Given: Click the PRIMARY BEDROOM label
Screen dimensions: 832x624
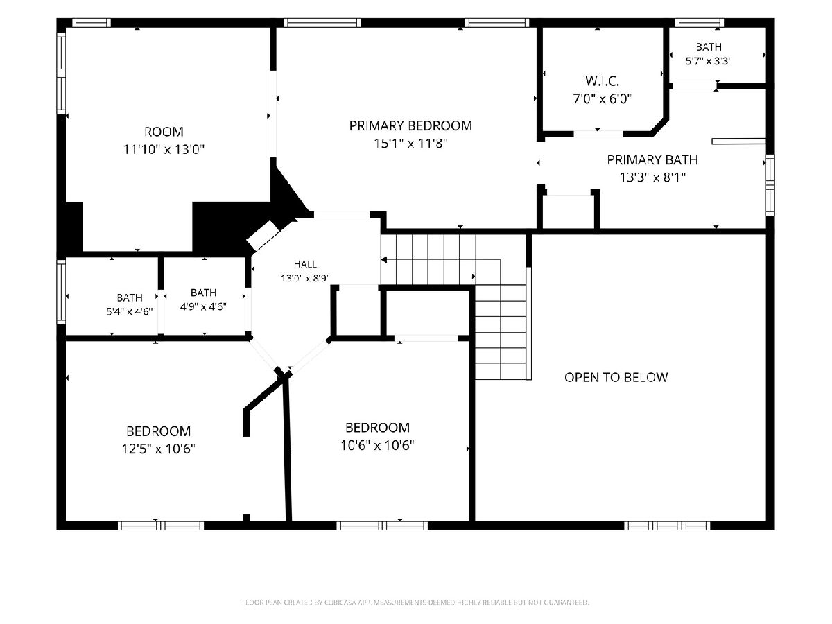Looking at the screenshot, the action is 410,125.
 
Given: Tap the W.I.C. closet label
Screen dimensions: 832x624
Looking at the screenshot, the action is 602,81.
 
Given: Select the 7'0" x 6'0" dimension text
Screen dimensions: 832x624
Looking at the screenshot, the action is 602,99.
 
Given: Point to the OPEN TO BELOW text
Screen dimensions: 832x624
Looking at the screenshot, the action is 616,377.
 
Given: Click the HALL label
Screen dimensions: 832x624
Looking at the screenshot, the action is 305,264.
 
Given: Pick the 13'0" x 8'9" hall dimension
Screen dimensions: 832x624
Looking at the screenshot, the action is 305,279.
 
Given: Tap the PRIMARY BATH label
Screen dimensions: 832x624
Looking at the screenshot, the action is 652,160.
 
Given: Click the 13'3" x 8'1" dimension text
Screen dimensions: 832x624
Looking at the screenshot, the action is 652,177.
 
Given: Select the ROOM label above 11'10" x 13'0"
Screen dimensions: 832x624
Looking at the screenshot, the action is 164,132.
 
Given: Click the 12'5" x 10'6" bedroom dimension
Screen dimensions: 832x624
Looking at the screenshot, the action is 159,449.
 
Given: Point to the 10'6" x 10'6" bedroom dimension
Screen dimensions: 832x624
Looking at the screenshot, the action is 377,445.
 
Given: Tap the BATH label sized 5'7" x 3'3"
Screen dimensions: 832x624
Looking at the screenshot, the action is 709,47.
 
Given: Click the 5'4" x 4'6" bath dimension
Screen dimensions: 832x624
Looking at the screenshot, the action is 130,312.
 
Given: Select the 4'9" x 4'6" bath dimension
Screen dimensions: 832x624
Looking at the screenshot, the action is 204,306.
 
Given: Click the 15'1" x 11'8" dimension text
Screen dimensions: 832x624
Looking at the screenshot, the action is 411,144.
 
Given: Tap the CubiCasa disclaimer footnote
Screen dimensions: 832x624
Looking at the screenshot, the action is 415,602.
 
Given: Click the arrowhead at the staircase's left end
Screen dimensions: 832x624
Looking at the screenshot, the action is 383,260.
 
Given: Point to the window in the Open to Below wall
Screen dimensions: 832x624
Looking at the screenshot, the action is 667,526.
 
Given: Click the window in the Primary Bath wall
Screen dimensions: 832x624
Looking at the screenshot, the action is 770,185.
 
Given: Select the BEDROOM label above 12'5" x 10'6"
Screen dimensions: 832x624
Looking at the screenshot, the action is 159,431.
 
